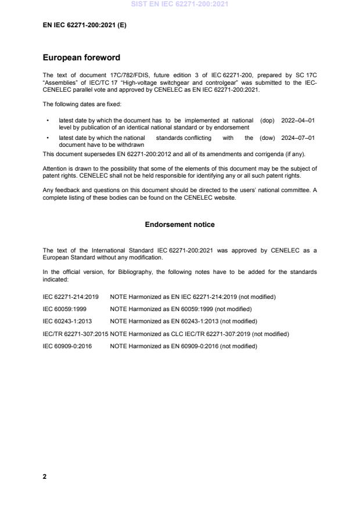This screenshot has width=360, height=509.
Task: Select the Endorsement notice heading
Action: click(180, 225)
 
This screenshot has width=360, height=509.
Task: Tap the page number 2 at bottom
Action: click(45, 476)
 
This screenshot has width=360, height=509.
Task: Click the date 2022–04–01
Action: click(298, 121)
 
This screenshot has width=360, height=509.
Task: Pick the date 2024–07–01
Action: click(298, 138)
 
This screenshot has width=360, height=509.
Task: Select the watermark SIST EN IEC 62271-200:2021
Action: click(180, 4)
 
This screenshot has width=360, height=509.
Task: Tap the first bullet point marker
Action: click(47, 121)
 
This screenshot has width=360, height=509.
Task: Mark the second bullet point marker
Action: click(47, 138)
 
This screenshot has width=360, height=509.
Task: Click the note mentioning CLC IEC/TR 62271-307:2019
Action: click(199, 334)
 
